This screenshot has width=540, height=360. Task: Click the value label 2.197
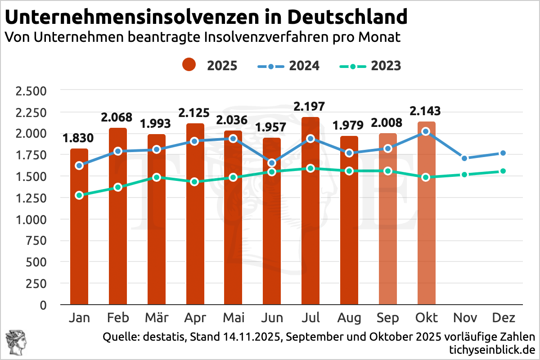[310, 107]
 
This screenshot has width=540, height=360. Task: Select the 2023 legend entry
[370, 66]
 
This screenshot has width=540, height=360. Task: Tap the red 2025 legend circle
[189, 66]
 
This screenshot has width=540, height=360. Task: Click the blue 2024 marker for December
[503, 153]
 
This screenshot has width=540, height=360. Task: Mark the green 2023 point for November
[465, 175]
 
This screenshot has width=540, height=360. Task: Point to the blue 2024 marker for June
[272, 162]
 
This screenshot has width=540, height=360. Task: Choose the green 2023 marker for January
[79, 195]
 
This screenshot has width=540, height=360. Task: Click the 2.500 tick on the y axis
[31, 91]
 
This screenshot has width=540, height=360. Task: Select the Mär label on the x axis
[157, 318]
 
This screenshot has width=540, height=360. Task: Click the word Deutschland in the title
[347, 17]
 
